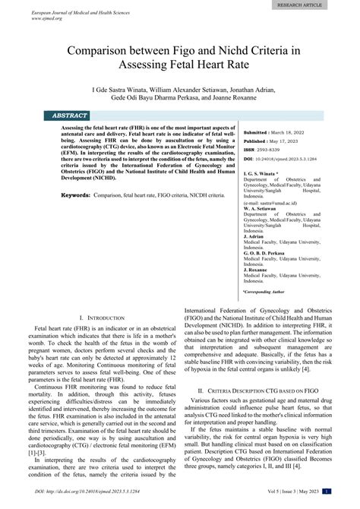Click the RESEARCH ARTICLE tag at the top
[x=310, y=4]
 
